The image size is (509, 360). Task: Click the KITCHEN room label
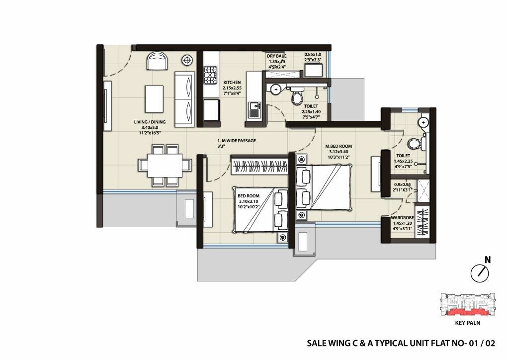(232, 83)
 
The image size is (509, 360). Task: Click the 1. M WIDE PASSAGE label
(237, 141)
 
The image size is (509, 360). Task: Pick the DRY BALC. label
(277, 57)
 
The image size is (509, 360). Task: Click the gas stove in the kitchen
(211, 76)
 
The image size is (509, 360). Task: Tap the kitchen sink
(254, 108)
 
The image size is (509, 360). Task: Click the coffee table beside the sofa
(154, 98)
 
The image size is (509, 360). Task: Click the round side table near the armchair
(187, 61)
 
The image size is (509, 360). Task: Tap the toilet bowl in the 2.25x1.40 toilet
(297, 95)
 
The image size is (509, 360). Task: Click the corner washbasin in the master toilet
(423, 121)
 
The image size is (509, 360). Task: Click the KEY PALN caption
(467, 322)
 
